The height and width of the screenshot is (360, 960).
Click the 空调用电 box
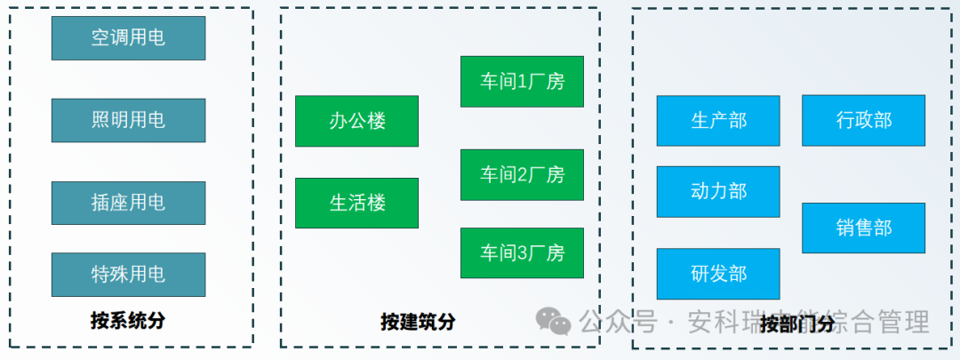click(128, 38)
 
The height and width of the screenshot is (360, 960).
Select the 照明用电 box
click(128, 120)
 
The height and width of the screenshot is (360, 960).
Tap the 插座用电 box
click(128, 203)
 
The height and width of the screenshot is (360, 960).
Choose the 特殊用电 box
click(128, 274)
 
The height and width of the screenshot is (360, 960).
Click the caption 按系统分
click(128, 321)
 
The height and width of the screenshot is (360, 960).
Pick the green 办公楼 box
click(356, 121)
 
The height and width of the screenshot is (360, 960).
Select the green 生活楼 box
click(356, 204)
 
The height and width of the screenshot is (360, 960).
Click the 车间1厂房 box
click(522, 82)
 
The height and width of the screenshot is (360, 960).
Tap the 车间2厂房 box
click(522, 174)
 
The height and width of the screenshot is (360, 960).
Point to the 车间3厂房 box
click(522, 253)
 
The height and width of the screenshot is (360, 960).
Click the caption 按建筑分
click(418, 322)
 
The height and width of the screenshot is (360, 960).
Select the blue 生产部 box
click(718, 121)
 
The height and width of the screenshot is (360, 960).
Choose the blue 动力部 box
click(718, 191)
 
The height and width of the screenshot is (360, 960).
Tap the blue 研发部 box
click(718, 274)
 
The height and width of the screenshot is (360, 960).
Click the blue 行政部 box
click(863, 121)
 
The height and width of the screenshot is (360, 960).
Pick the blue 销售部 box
click(863, 228)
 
